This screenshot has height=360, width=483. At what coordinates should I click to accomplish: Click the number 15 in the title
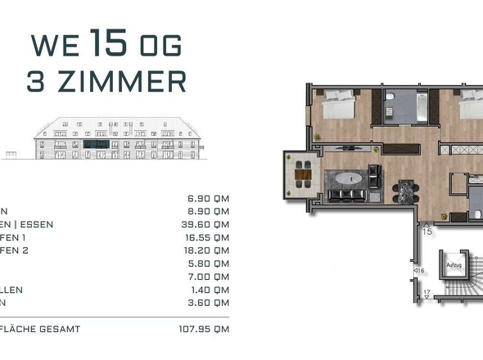109,43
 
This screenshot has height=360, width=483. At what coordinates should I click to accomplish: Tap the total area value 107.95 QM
202,329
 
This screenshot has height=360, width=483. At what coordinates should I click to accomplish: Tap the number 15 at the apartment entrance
427,232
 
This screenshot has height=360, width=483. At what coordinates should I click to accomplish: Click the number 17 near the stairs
427,292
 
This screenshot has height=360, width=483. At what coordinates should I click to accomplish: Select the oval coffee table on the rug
345,180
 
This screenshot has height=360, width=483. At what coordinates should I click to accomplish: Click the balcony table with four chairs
303,173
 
